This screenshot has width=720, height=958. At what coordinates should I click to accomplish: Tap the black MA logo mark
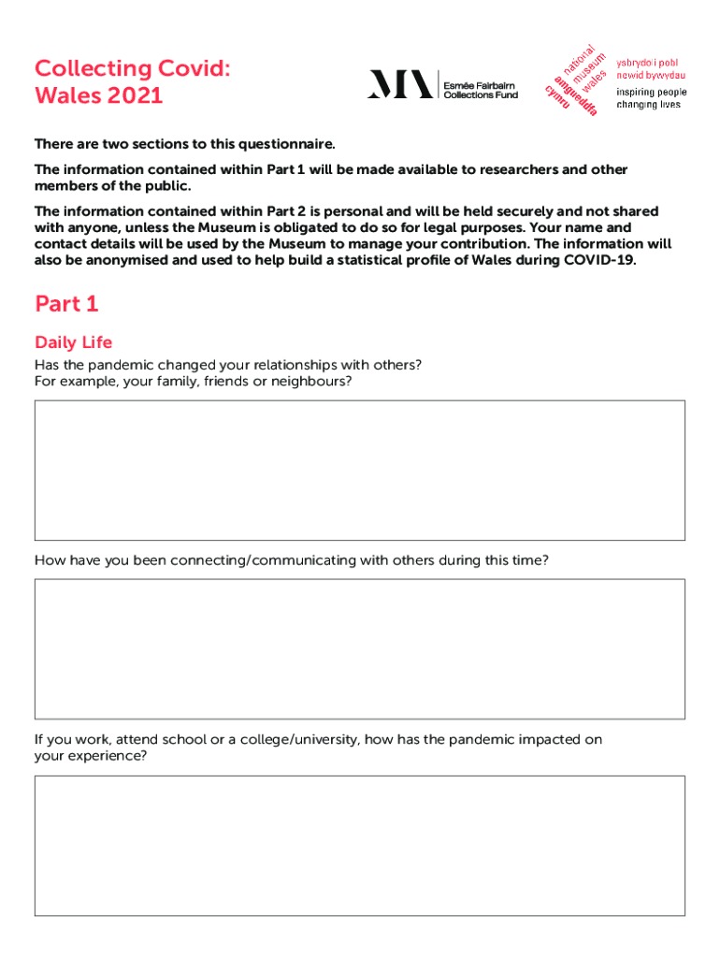click(400, 84)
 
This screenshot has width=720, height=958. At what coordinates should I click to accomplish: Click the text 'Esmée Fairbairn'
click(480, 84)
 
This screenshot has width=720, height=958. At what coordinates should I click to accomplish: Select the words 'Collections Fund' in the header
click(481, 94)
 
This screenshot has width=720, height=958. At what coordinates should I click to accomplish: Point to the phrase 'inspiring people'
click(651, 93)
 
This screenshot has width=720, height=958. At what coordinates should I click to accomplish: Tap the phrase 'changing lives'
click(648, 105)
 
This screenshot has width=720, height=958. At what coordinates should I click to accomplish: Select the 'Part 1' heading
click(66, 304)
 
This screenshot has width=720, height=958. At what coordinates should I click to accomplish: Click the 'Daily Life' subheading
click(73, 342)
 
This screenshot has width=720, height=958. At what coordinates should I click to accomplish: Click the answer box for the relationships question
click(360, 470)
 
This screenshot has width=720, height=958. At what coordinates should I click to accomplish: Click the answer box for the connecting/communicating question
click(360, 648)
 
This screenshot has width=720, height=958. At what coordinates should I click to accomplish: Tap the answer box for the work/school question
click(360, 845)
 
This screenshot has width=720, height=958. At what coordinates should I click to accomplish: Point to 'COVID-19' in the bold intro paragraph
click(598, 261)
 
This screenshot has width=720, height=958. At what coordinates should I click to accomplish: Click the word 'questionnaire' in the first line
click(286, 144)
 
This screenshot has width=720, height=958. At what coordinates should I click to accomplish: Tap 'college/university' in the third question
click(301, 740)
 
